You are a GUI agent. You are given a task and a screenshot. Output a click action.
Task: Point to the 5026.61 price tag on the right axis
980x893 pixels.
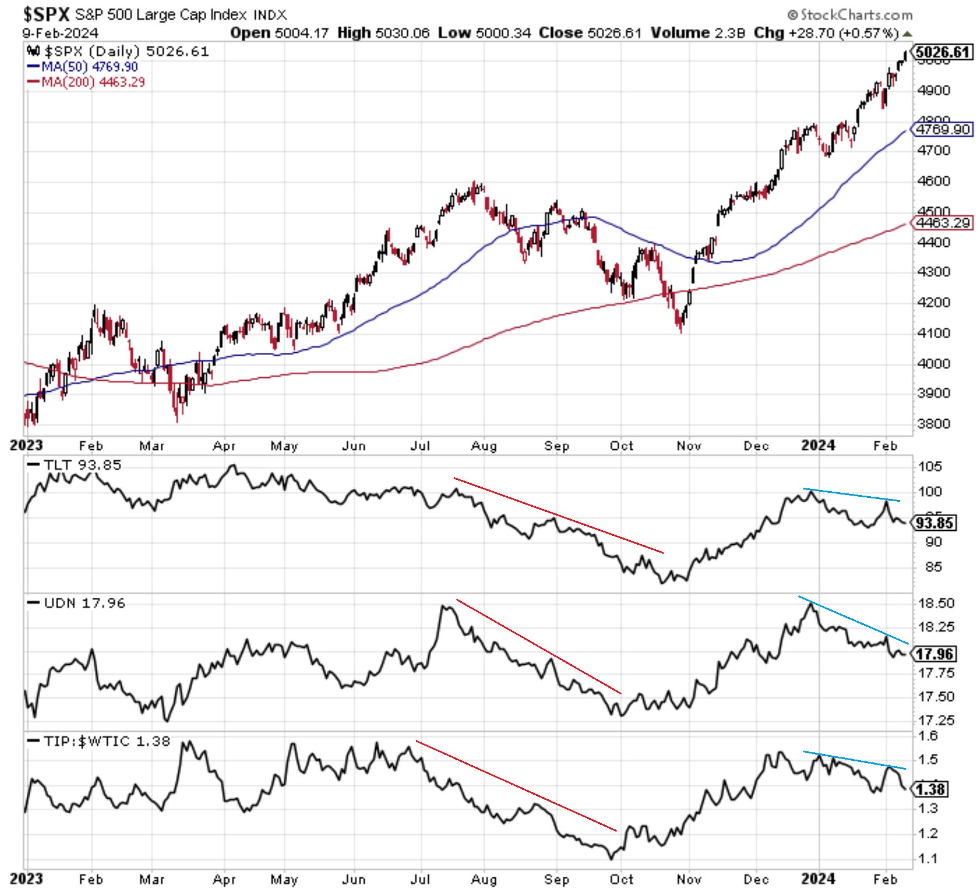[x=942, y=52]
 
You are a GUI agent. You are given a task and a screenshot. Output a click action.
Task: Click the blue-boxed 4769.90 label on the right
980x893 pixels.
[x=942, y=129]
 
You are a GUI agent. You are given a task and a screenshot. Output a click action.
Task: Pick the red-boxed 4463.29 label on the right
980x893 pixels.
[x=942, y=223]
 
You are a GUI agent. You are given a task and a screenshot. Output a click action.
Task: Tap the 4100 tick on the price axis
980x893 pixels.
[x=933, y=333]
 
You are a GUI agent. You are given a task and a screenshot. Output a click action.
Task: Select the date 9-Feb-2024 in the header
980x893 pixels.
[x=60, y=33]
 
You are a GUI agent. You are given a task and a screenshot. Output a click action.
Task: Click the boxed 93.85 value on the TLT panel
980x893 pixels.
[x=935, y=523]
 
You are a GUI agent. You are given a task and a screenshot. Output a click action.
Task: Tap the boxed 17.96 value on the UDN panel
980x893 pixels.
[x=935, y=654]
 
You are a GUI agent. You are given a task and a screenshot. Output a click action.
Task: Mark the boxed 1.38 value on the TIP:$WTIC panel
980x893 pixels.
[x=930, y=789]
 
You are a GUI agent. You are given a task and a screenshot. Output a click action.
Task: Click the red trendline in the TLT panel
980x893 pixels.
[x=558, y=515]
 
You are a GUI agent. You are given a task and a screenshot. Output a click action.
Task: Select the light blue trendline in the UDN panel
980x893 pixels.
[x=853, y=620]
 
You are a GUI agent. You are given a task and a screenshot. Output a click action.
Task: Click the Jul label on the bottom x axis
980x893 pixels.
[x=420, y=879]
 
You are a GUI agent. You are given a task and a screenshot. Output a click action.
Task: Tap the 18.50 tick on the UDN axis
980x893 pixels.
[x=936, y=603]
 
